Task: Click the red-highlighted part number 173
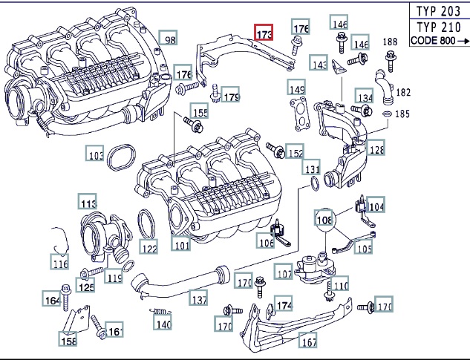265,34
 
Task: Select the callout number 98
169,39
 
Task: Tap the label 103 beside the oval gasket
95,156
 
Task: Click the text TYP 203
439,12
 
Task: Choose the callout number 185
402,115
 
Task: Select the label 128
376,149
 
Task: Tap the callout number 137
198,299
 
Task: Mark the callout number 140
163,324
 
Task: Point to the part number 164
51,300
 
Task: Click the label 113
88,203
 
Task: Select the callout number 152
295,153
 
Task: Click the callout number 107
283,272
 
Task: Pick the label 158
68,341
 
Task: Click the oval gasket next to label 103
121,157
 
